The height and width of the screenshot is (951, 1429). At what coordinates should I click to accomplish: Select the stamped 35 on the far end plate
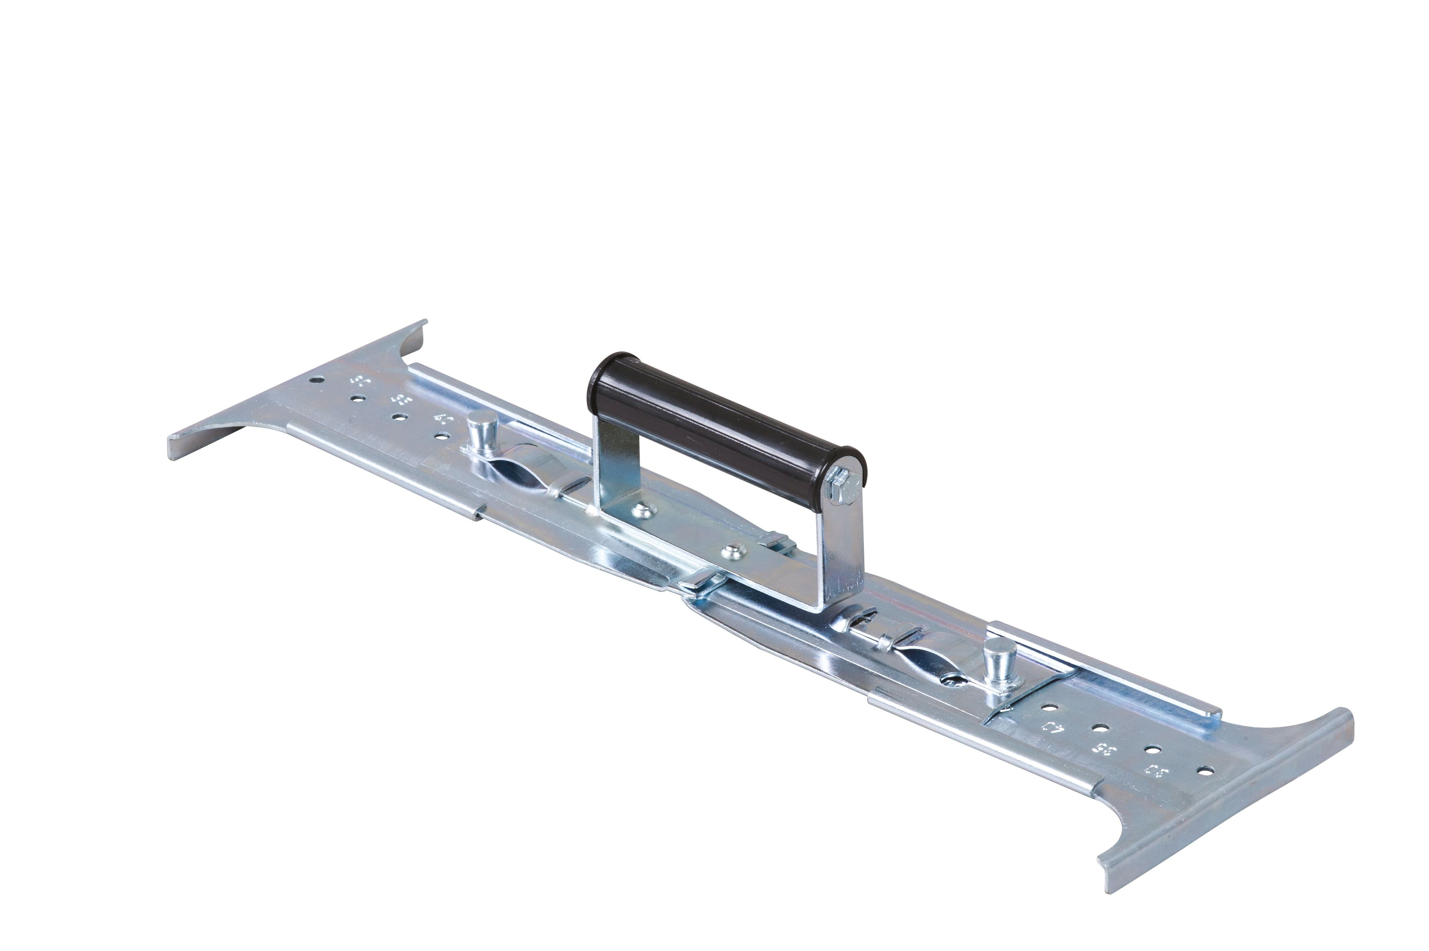400,401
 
